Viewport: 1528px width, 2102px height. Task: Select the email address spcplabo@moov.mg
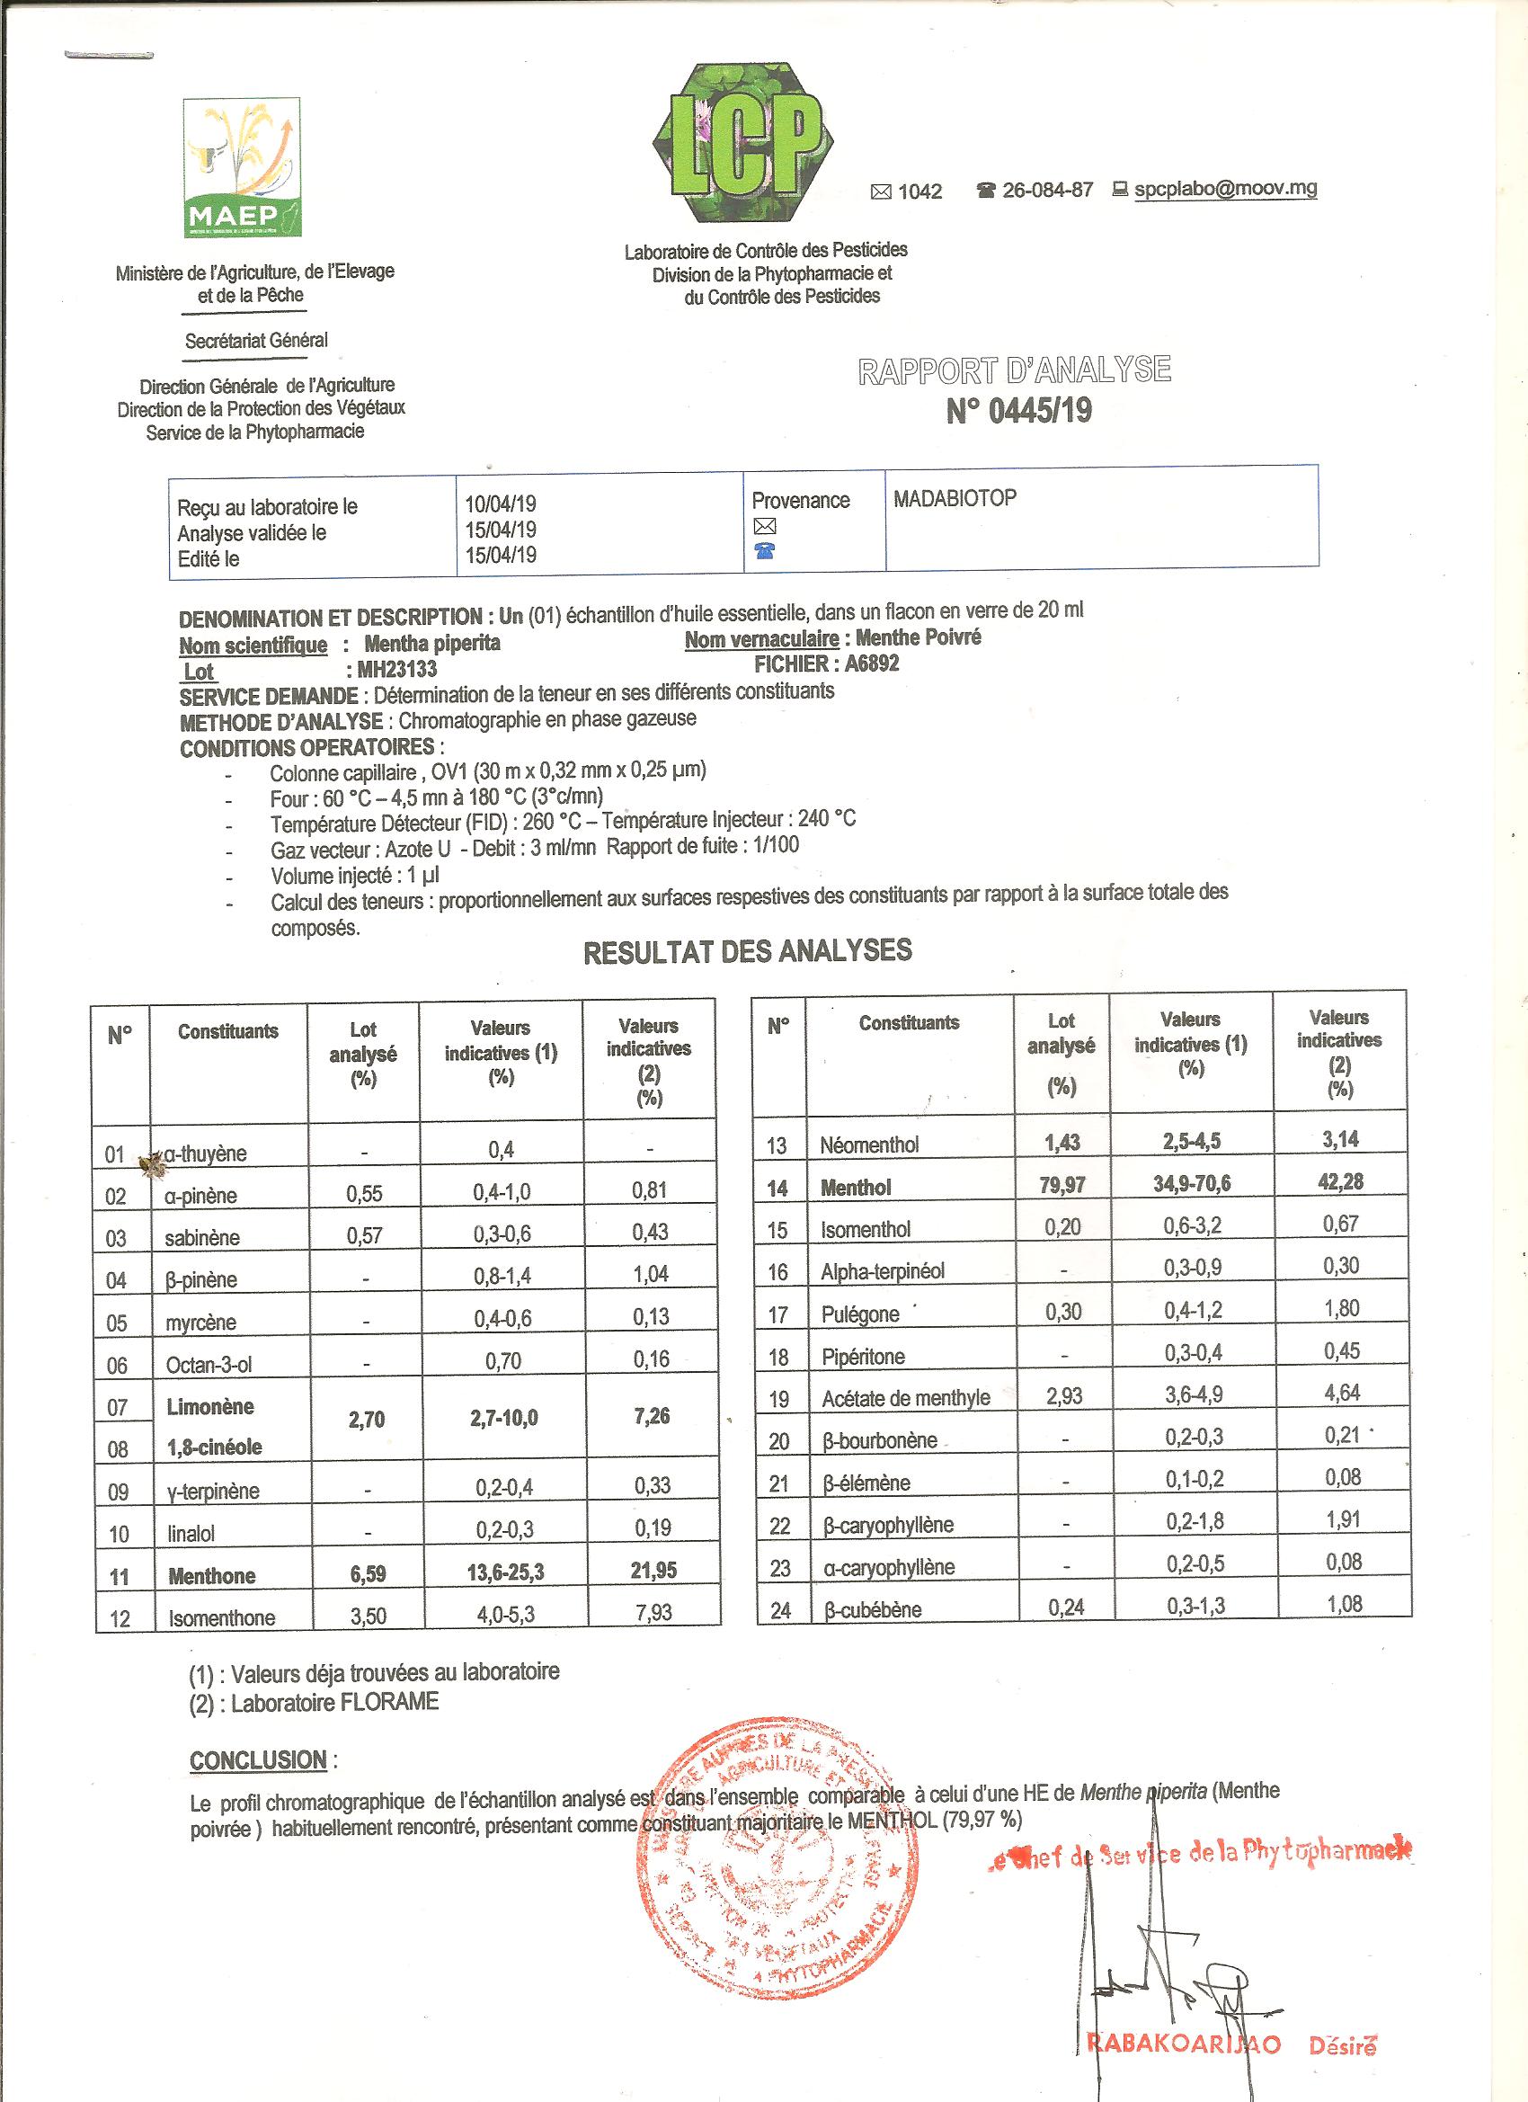(1225, 188)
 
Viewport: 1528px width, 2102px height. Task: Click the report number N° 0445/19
(1018, 411)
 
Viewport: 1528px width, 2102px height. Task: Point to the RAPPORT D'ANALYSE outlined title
(1015, 370)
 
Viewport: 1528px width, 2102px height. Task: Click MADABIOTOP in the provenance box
(955, 499)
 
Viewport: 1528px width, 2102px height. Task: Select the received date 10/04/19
(501, 504)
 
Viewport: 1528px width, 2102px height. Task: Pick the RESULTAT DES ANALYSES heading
(747, 951)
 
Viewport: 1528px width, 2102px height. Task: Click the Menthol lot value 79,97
(1062, 1185)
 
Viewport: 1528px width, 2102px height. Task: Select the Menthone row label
(211, 1575)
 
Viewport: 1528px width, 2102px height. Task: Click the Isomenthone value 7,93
(653, 1614)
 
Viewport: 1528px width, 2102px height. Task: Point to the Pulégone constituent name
(860, 1314)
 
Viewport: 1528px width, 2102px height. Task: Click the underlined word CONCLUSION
(259, 1760)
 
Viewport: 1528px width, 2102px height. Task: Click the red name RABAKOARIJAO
(1183, 2044)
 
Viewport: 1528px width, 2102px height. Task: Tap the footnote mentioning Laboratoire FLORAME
(314, 1702)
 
